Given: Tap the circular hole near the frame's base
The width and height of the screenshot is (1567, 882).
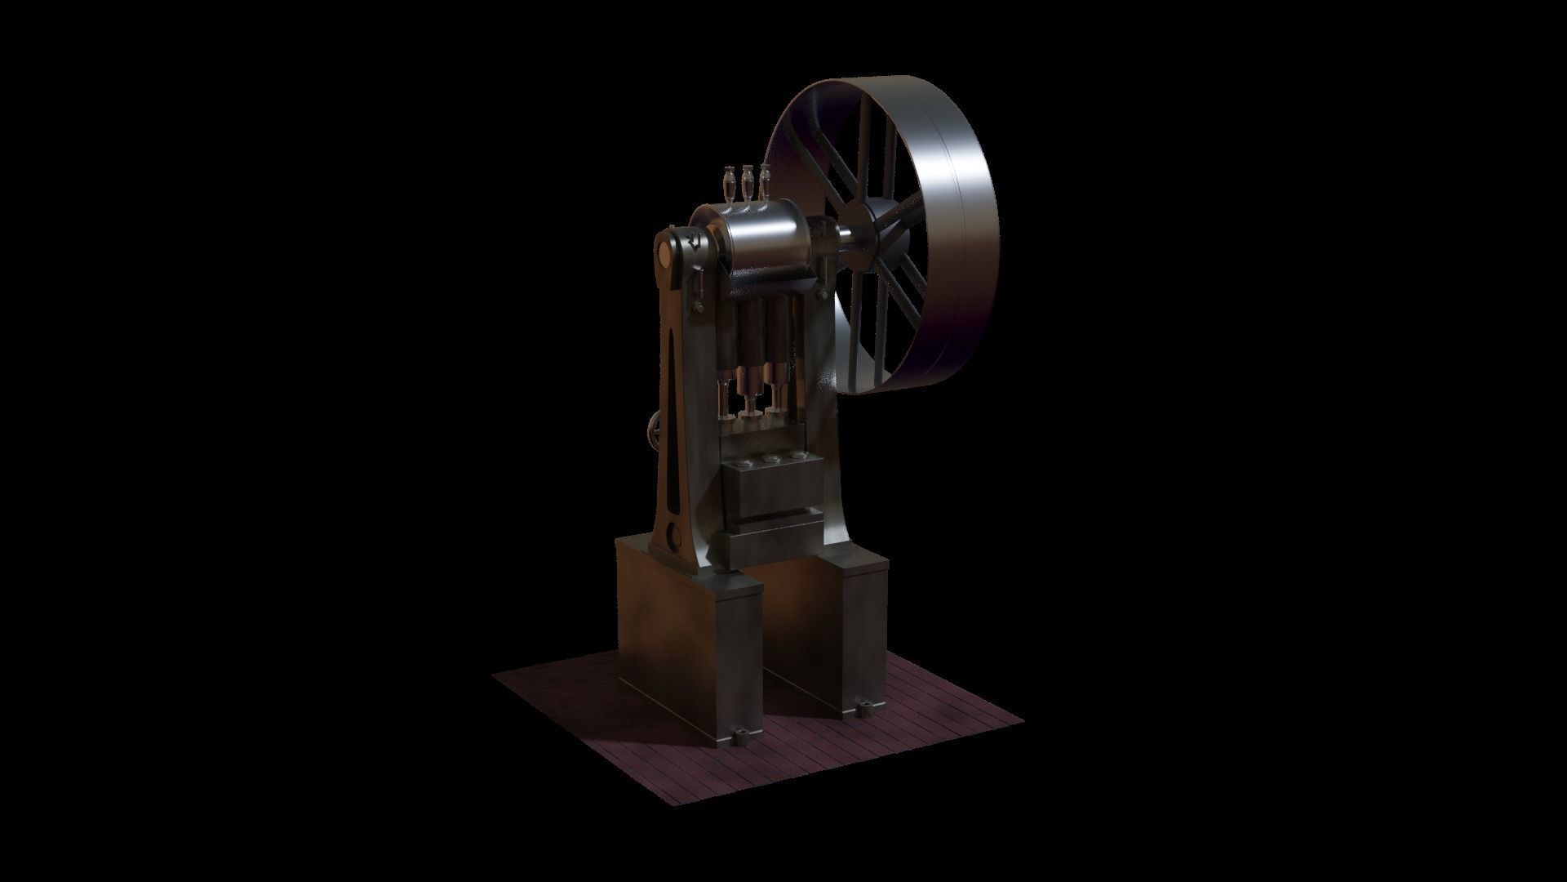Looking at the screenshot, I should coord(673,535).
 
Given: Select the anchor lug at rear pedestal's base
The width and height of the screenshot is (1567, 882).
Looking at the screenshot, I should coord(862,706).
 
